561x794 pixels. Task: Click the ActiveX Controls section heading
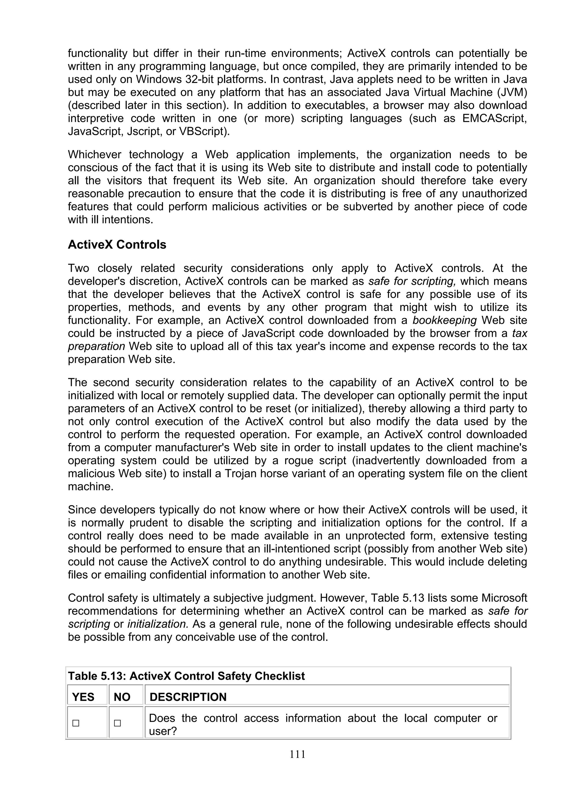pyautogui.click(x=117, y=244)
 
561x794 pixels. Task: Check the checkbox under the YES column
pyautogui.click(x=76, y=723)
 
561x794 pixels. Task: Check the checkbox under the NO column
pyautogui.click(x=118, y=723)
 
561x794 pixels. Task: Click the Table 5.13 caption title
pyautogui.click(x=186, y=676)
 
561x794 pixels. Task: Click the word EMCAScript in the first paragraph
pyautogui.click(x=494, y=118)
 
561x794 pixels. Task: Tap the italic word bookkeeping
pyautogui.click(x=445, y=320)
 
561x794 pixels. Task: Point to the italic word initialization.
pyautogui.click(x=158, y=624)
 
